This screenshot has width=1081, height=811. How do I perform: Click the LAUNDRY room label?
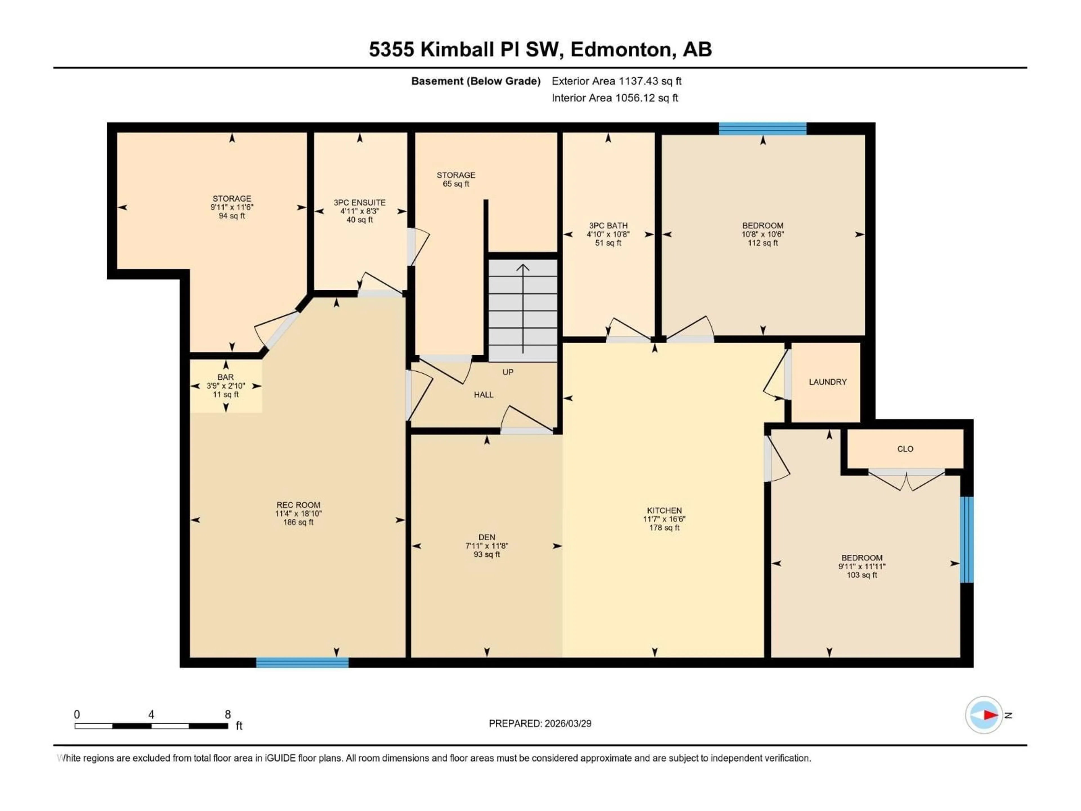827,382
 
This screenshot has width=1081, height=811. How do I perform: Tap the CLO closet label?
905,449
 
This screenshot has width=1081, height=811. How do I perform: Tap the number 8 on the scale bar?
228,714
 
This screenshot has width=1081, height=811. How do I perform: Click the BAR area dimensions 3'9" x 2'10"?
226,386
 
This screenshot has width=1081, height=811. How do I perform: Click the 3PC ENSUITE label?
360,202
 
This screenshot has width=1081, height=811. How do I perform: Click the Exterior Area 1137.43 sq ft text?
616,81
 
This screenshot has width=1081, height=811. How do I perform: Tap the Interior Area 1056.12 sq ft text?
615,98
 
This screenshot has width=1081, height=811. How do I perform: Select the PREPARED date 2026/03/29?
540,723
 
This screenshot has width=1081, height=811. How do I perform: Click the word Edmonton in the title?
621,49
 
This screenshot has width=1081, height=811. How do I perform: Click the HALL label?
483,395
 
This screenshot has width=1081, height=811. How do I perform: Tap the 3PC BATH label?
608,225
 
